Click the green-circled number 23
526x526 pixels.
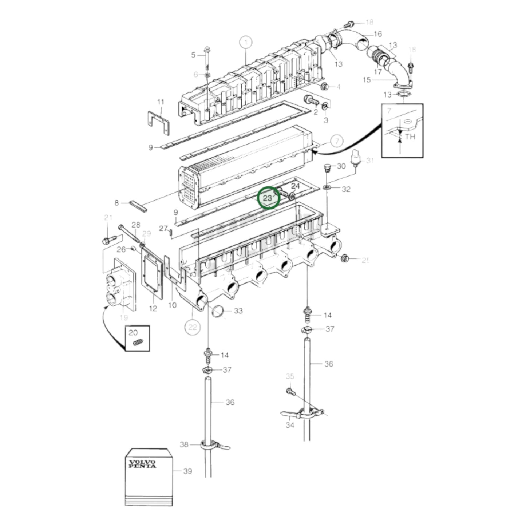pyautogui.click(x=268, y=198)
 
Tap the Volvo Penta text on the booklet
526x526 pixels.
pyautogui.click(x=143, y=464)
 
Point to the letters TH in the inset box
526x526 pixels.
pyautogui.click(x=410, y=137)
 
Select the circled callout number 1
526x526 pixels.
pyautogui.click(x=246, y=43)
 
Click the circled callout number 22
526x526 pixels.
pyautogui.click(x=192, y=327)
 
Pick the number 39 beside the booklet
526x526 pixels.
pyautogui.click(x=187, y=471)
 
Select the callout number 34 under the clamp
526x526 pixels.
pyautogui.click(x=289, y=424)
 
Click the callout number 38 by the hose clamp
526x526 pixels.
pyautogui.click(x=185, y=444)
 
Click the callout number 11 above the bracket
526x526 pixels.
pyautogui.click(x=161, y=102)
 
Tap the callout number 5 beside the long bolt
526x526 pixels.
pyautogui.click(x=193, y=55)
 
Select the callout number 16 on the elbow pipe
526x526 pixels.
pyautogui.click(x=377, y=34)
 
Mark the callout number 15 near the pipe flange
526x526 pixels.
pyautogui.click(x=367, y=79)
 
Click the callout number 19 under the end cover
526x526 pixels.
pyautogui.click(x=124, y=317)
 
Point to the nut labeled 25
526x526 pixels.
pyautogui.click(x=345, y=258)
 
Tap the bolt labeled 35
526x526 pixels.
pyautogui.click(x=290, y=392)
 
